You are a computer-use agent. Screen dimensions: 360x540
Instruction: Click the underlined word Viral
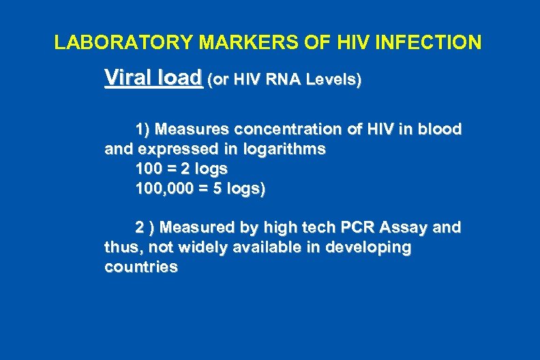point(127,78)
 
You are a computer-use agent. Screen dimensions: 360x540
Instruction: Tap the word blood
point(438,129)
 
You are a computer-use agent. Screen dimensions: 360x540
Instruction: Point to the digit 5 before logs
point(217,189)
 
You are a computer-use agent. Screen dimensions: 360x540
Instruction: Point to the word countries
point(141,267)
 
